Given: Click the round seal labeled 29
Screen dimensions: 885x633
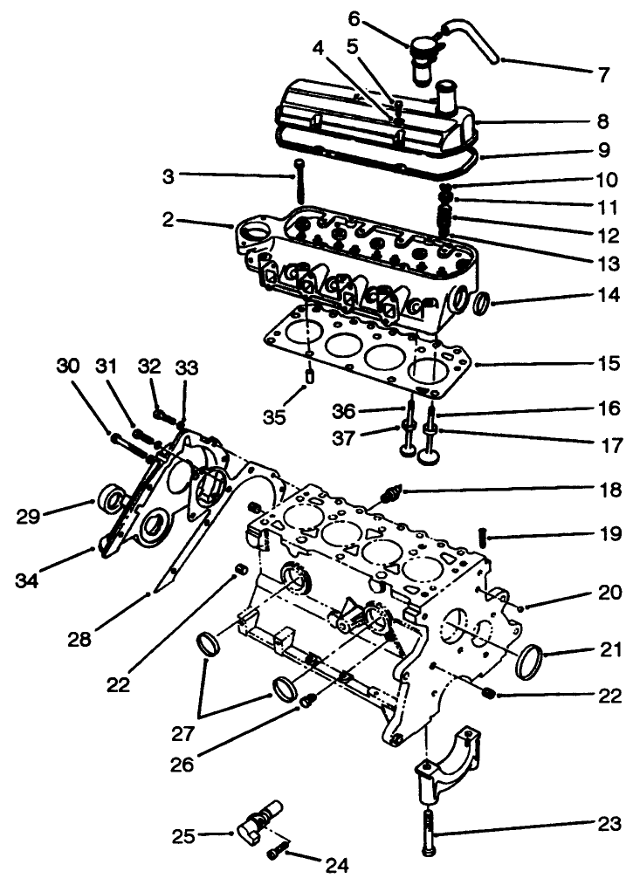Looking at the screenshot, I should tap(111, 499).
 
